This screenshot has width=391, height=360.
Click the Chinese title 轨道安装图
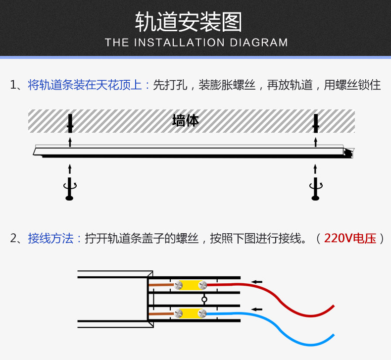tap(195, 22)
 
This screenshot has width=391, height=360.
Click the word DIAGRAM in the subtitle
tap(259, 43)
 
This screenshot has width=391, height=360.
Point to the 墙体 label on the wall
tap(185, 120)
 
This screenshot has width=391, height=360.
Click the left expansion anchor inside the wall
tap(70, 123)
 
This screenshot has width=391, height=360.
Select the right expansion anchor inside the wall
tap(315, 123)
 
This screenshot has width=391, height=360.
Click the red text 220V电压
tap(350, 239)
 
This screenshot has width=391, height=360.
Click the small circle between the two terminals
tap(204, 299)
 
